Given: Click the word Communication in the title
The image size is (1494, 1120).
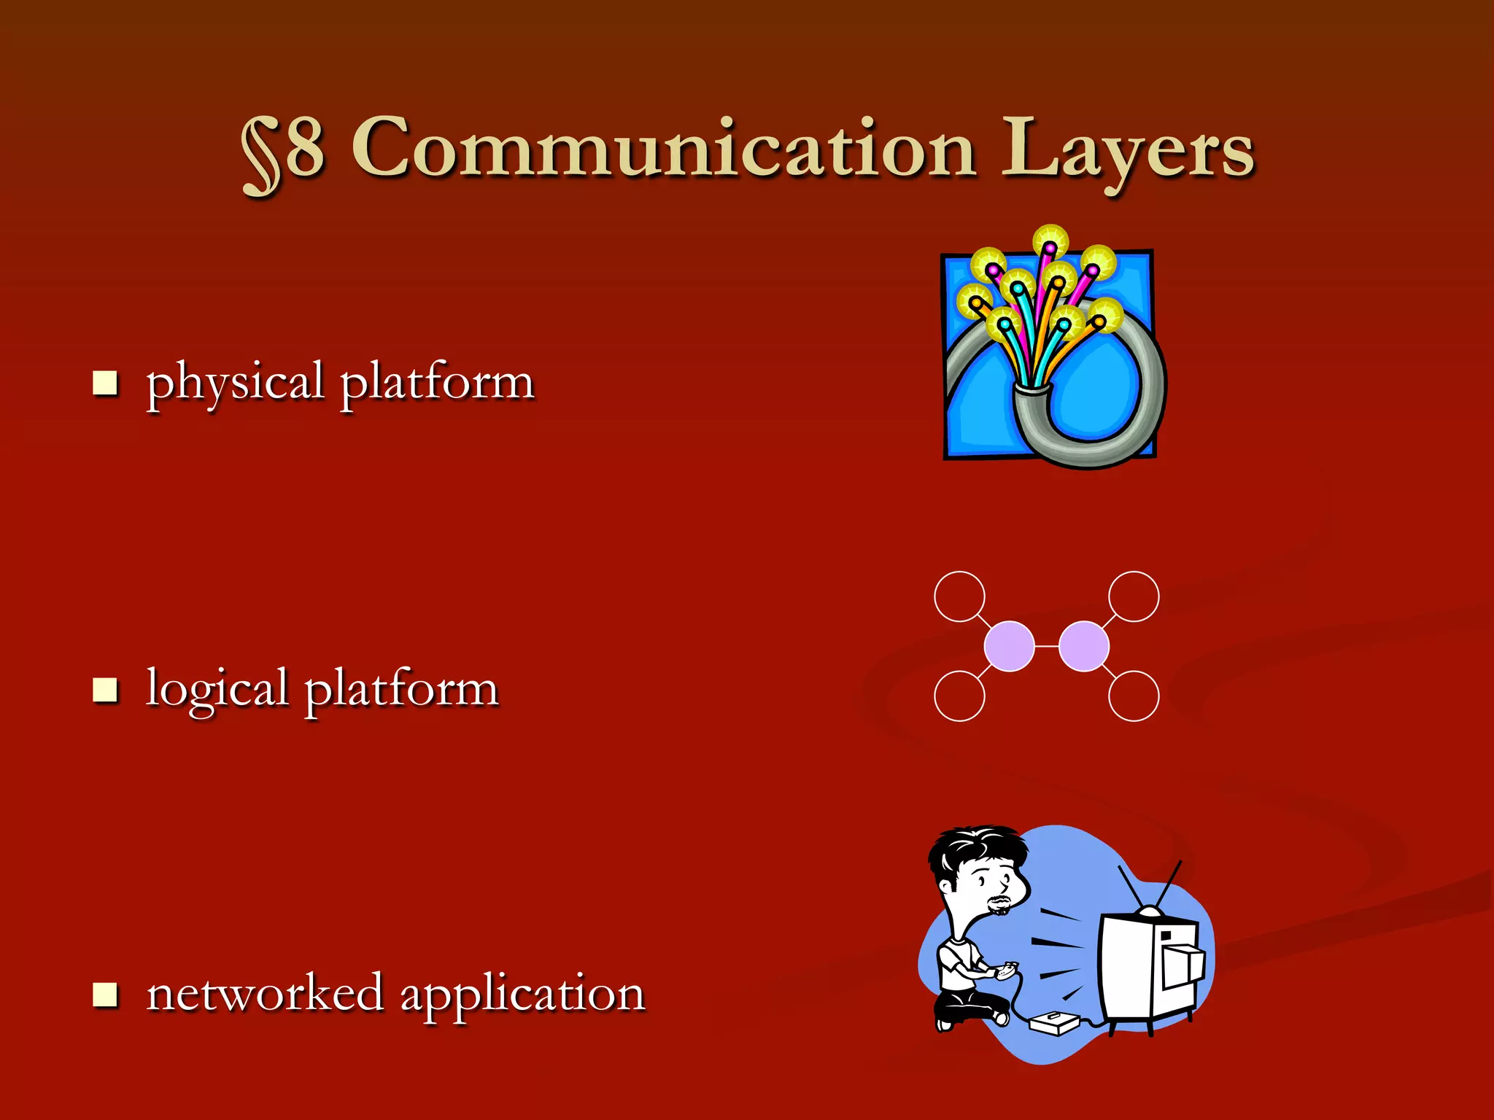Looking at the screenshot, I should pos(664,149).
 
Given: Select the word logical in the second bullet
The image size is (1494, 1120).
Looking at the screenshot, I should pos(217,690).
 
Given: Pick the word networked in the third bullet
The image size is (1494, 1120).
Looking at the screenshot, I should pos(265,993).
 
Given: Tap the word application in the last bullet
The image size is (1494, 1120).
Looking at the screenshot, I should pos(522,996).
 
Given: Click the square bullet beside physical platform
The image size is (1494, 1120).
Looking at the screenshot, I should pos(106,382).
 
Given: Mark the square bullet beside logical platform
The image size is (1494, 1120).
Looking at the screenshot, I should pos(106,689).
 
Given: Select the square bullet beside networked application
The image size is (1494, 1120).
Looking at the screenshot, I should pos(106,994).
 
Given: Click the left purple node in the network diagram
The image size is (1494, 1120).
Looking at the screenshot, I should pos(1009,646).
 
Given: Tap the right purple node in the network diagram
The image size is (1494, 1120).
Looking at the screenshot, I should pos(1084,646).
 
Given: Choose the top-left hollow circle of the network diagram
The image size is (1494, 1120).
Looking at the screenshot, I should pos(959,596).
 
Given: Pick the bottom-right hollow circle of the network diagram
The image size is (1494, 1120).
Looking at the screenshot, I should pos(1134,696).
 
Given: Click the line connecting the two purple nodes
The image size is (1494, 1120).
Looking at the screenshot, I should pos(1047,646).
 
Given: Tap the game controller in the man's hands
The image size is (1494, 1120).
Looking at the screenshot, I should pos(1007,969).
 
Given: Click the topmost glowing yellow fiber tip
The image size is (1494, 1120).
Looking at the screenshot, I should pos(1050,241).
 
